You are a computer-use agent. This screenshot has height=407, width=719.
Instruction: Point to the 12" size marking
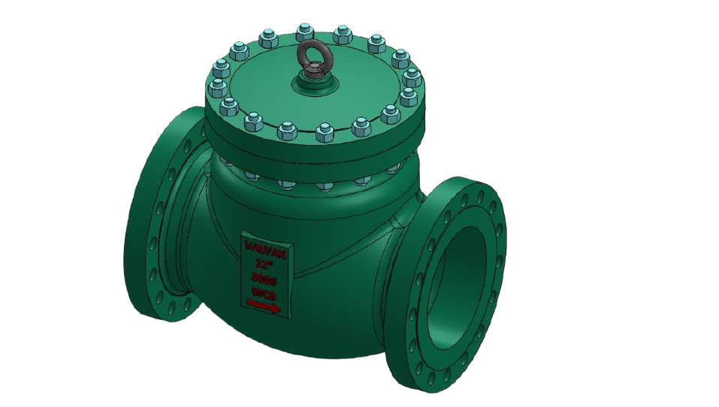(263, 263)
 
